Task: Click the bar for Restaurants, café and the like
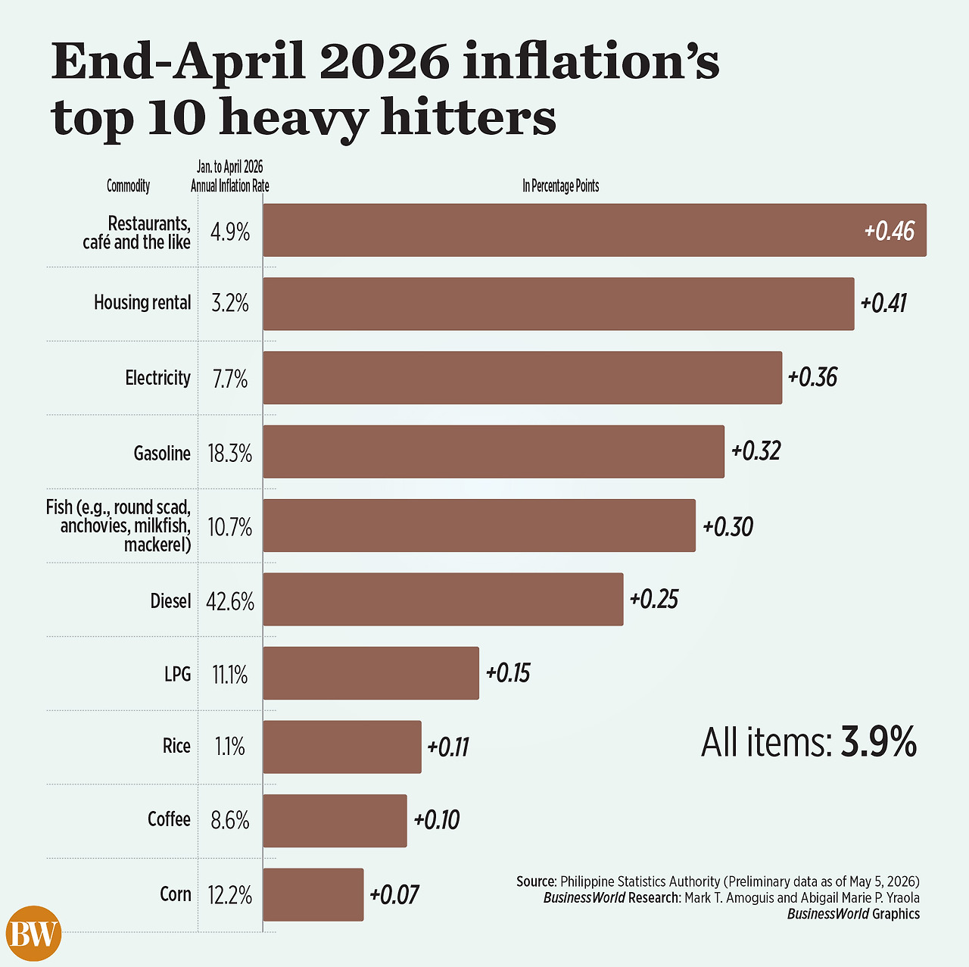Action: pyautogui.click(x=594, y=230)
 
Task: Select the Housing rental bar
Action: pyautogui.click(x=558, y=304)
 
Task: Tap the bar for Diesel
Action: pyautogui.click(x=443, y=599)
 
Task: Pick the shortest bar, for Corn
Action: pyautogui.click(x=313, y=894)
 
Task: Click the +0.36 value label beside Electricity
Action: pyautogui.click(x=812, y=377)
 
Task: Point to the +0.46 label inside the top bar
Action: pyautogui.click(x=889, y=231)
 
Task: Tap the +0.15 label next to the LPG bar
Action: pyautogui.click(x=508, y=673)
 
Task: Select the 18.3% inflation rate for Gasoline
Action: pyautogui.click(x=230, y=454)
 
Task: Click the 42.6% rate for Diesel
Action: pyautogui.click(x=230, y=602)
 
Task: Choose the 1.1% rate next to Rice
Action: pyautogui.click(x=230, y=747)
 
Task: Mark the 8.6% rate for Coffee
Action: pyautogui.click(x=230, y=820)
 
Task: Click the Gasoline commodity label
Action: pyautogui.click(x=162, y=454)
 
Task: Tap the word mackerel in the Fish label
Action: pyautogui.click(x=157, y=544)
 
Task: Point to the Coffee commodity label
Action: pyautogui.click(x=169, y=819)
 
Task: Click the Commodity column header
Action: pyautogui.click(x=128, y=186)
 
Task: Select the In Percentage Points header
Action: pyautogui.click(x=561, y=186)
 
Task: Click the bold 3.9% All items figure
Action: pyautogui.click(x=878, y=742)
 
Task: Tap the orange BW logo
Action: pyautogui.click(x=34, y=933)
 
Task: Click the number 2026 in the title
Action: pyautogui.click(x=384, y=61)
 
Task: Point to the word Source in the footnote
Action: pyautogui.click(x=536, y=881)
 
